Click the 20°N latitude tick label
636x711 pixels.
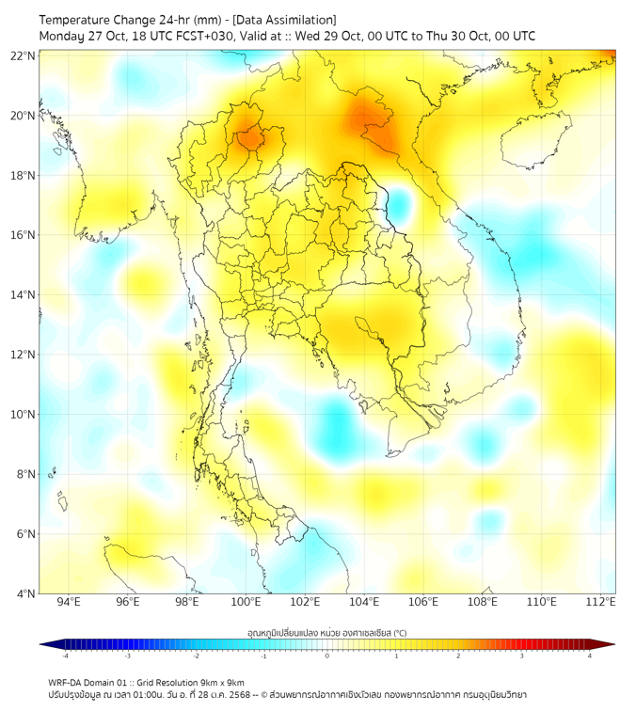[24, 116]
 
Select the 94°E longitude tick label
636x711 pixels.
[69, 602]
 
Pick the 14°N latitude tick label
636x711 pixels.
[24, 295]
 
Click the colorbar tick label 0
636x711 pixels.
[327, 656]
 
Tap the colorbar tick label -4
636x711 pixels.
[65, 656]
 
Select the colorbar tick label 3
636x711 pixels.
[522, 656]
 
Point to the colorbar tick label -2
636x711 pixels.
[196, 656]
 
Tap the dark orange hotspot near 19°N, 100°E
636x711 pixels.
[250, 139]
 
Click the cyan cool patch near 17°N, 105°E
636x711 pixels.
[401, 201]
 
